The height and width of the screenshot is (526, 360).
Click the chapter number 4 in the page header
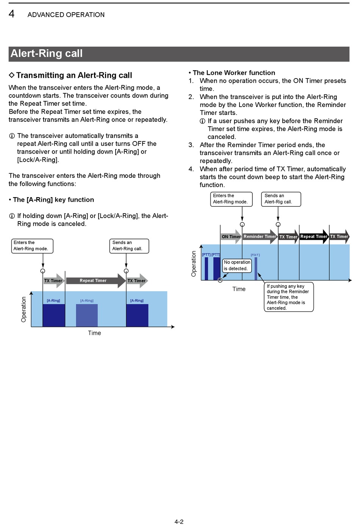pos(12,14)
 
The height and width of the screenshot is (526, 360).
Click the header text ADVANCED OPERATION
pos(66,15)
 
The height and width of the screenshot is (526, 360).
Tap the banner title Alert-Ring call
pos(47,53)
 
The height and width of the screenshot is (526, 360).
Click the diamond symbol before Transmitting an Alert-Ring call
pos(12,75)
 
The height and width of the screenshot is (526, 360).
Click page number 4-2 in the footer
pos(179,522)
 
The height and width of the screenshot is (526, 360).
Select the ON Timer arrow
pos(231,237)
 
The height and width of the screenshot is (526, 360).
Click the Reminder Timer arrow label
pos(260,237)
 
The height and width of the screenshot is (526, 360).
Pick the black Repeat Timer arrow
pos(314,237)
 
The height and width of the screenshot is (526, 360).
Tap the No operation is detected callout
pos(237,265)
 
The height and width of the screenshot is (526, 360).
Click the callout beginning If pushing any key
pos(288,297)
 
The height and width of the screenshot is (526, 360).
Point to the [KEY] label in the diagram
pos(255,255)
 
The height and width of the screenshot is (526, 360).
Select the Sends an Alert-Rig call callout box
pos(281,199)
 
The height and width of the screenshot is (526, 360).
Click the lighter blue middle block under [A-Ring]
pos(87,315)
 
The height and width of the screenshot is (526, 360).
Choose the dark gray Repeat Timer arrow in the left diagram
pos(93,281)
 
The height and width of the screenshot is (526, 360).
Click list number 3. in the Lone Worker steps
pos(191,145)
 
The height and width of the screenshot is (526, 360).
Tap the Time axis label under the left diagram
pos(94,333)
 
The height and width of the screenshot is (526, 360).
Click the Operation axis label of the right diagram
pos(194,264)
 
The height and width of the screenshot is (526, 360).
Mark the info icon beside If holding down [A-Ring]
pos(12,216)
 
